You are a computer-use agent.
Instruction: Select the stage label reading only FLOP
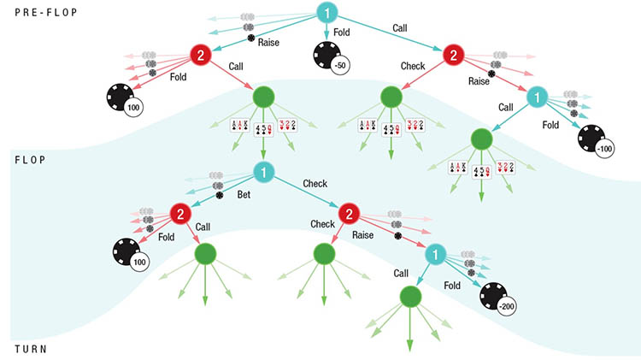[29, 160]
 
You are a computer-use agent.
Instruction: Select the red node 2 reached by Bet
[180, 215]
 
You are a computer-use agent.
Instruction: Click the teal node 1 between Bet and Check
[264, 174]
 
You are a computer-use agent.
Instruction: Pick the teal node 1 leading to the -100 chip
[538, 97]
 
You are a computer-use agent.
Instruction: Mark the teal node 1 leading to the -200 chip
[435, 255]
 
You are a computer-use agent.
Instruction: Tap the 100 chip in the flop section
[128, 252]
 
